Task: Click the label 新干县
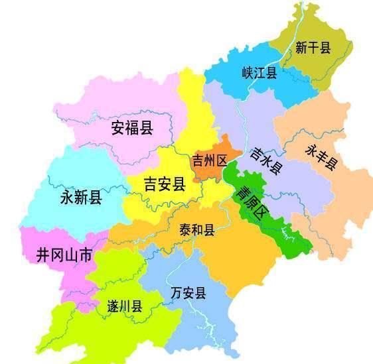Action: [x=313, y=48]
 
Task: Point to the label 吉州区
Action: [x=209, y=160]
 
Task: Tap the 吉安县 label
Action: [x=164, y=184]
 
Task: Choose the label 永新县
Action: [x=81, y=197]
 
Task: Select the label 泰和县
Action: [x=197, y=230]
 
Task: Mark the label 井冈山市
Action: [x=64, y=254]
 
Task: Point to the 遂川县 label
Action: [x=125, y=306]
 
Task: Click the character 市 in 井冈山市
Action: [x=86, y=254]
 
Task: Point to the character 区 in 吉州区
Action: [x=222, y=160]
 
